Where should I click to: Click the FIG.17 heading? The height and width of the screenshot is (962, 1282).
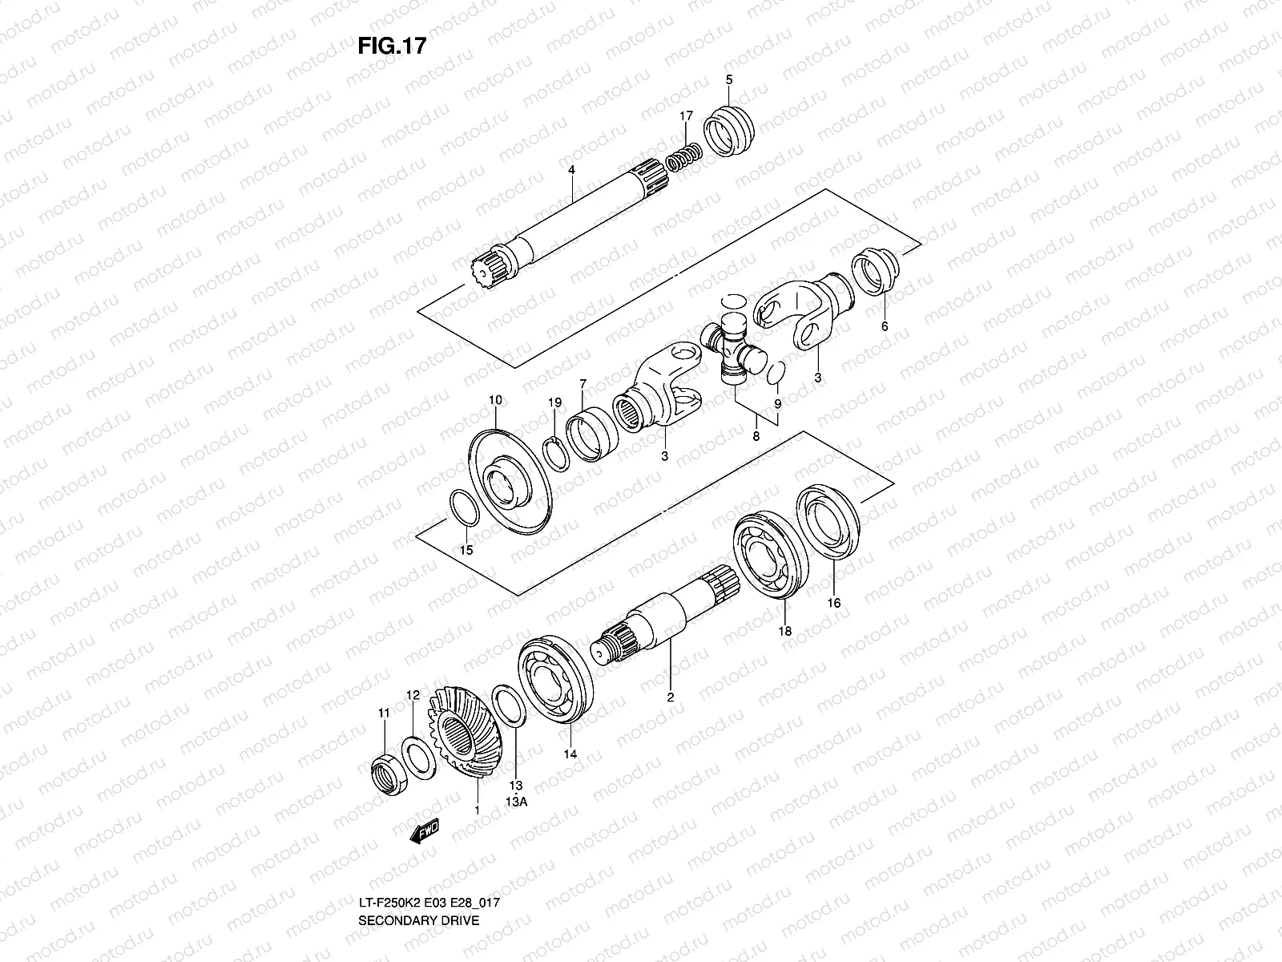[x=392, y=46]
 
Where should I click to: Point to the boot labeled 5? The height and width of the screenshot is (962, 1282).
[x=730, y=129]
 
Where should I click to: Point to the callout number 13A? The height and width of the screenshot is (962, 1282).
[x=516, y=801]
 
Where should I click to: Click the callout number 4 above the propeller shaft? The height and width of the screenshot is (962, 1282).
[x=571, y=171]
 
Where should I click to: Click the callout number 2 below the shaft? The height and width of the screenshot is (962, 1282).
[x=671, y=697]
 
